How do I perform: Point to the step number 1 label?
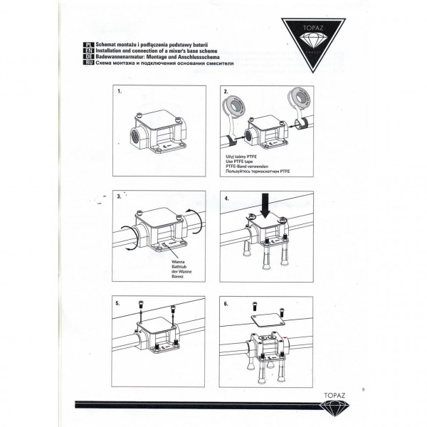coord(120,93)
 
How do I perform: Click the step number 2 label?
coord(226,93)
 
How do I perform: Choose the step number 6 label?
coord(226,302)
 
